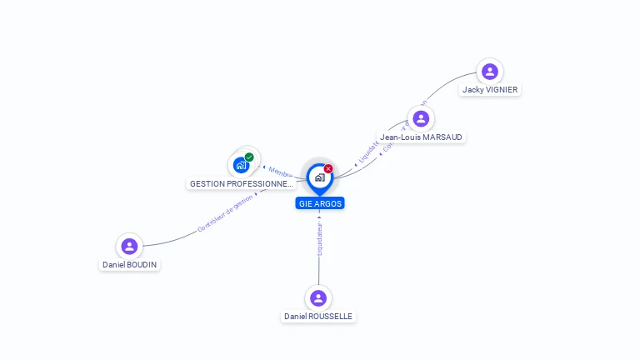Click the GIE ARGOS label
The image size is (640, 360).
(319, 203)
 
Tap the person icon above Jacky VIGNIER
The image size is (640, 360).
(490, 72)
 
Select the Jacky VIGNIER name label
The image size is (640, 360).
(490, 90)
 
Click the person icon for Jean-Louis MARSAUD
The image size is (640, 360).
(421, 118)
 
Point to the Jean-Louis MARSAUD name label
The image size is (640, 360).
(421, 137)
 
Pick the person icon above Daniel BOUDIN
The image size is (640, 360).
(129, 246)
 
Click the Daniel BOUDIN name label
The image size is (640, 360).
(129, 264)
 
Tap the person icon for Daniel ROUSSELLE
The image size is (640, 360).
(317, 297)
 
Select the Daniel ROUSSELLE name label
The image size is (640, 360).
(317, 317)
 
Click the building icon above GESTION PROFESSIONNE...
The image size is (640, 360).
(241, 165)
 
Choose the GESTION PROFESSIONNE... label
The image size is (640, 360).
(242, 183)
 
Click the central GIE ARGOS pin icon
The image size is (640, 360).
(319, 177)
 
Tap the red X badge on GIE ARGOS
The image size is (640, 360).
(328, 169)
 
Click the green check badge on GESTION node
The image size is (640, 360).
(249, 157)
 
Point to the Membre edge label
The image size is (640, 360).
(280, 172)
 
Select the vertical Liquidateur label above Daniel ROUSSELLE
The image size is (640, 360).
(320, 237)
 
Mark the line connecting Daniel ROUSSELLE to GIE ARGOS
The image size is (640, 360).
(319, 267)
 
